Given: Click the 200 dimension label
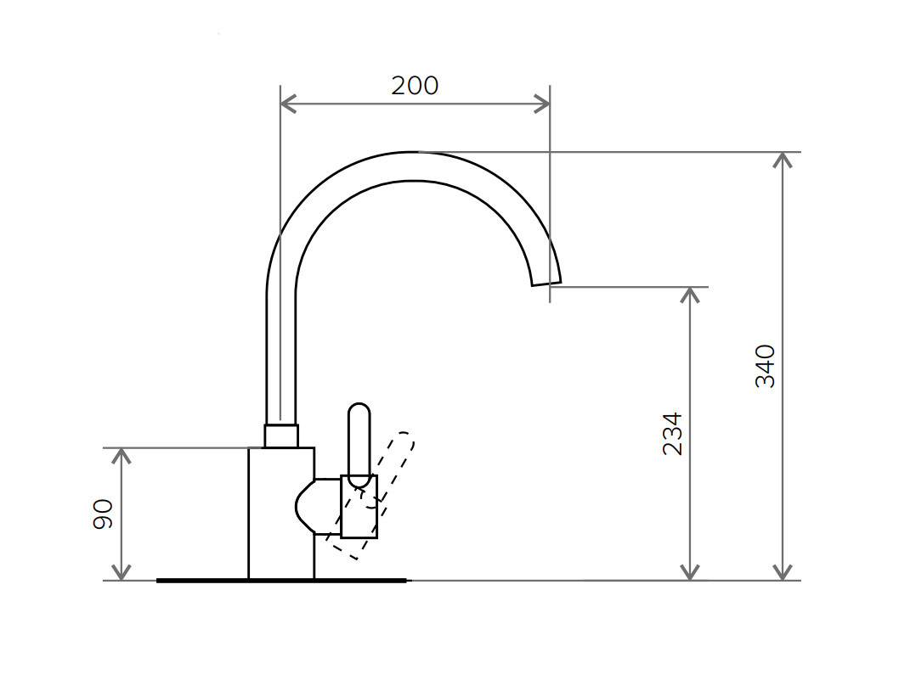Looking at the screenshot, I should pos(415,86).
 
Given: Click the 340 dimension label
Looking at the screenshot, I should pos(766,366).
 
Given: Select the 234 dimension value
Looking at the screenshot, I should pos(672,433).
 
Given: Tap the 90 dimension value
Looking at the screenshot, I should pos(103,514).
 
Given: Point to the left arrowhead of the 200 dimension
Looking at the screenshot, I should pos(286,104).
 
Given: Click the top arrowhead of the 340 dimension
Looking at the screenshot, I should pos(783,159).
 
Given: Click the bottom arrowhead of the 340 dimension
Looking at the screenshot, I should pos(783,574).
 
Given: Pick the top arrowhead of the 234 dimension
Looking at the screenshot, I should pos(690,294).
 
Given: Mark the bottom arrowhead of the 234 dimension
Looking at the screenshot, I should pos(690,574).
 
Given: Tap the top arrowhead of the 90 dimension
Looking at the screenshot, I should pos(122,455).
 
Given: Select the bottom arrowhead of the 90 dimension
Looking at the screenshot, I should pos(122,574).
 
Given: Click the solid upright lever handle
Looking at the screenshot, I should pos(359,441).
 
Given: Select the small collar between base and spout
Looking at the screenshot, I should pos(281,436).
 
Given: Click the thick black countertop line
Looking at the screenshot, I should pos(281,581).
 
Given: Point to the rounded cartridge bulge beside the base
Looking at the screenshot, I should pos(308,507).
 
